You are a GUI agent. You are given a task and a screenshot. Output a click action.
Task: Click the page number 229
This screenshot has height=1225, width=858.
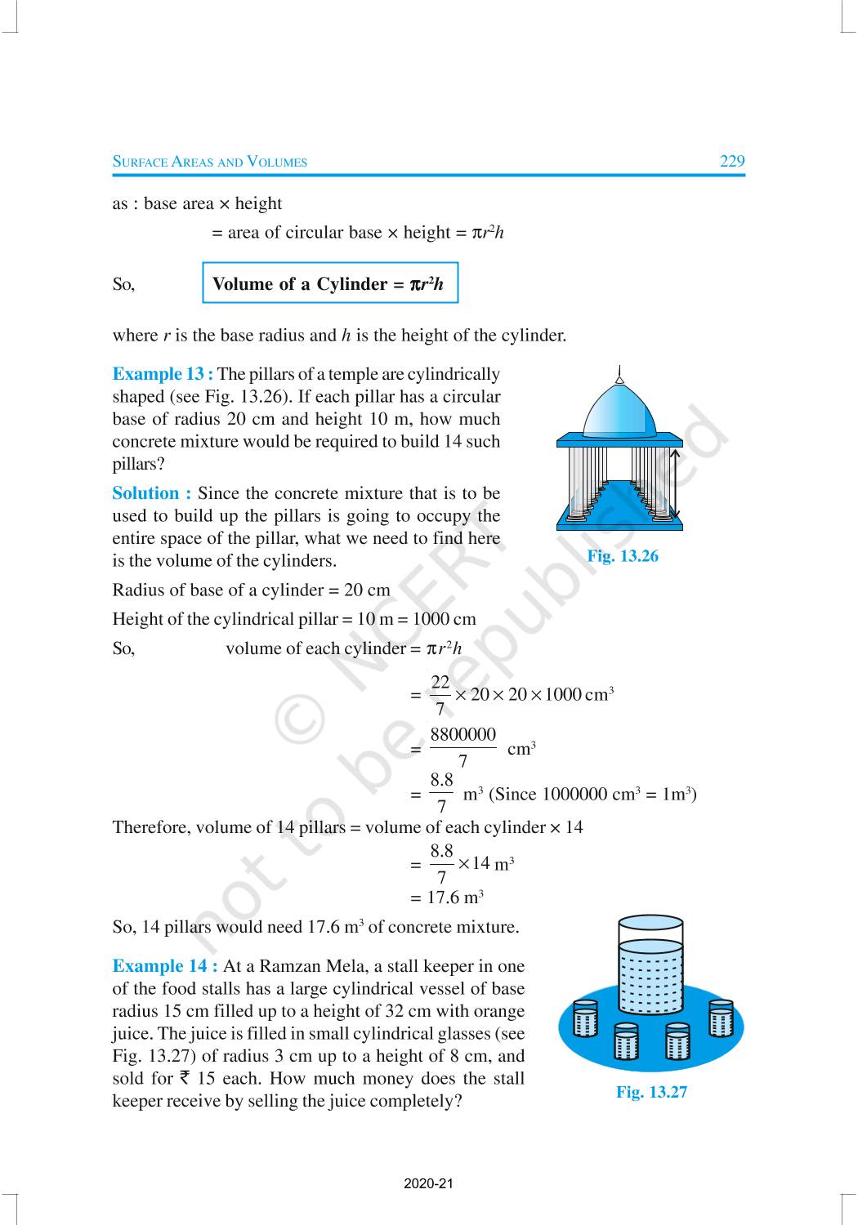point(732,161)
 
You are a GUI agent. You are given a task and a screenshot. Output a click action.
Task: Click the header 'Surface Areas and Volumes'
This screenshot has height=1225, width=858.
point(210,162)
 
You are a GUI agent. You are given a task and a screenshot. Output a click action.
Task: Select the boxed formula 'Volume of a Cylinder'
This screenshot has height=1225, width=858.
point(329,283)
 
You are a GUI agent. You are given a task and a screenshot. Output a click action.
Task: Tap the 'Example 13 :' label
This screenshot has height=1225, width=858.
point(163,374)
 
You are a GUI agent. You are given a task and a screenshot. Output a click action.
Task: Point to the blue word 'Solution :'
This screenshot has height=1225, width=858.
point(152,493)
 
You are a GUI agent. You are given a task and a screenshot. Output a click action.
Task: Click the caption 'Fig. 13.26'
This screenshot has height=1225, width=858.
point(623,556)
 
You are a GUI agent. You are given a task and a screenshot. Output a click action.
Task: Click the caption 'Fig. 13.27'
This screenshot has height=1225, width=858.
point(651,1092)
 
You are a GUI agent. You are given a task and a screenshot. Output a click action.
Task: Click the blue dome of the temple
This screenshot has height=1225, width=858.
point(620,411)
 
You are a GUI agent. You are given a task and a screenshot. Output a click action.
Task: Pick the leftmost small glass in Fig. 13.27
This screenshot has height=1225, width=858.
point(586,1018)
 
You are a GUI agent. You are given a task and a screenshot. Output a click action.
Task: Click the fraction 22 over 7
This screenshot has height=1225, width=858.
point(440,695)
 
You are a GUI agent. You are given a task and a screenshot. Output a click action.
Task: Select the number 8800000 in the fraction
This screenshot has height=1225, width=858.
point(463,735)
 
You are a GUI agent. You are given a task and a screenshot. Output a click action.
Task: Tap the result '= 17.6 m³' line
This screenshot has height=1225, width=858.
point(448,898)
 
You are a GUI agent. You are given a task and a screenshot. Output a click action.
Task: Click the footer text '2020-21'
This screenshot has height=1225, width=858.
point(428,1183)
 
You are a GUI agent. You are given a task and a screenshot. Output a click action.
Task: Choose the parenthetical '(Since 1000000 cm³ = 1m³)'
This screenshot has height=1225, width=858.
point(592,794)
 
